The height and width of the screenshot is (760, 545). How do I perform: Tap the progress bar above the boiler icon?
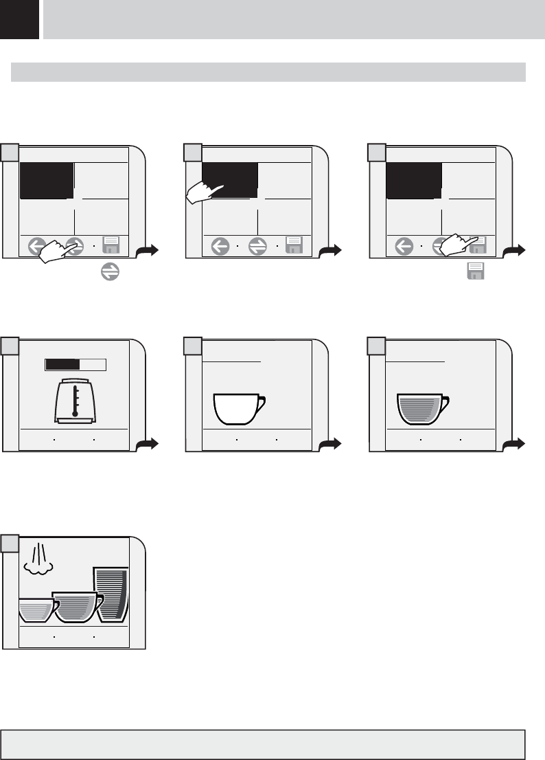coord(76,365)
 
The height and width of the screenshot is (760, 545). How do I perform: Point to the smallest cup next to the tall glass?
coord(36,610)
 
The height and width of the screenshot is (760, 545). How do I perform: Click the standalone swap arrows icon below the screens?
coord(108,272)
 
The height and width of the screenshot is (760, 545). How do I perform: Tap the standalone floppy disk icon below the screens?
coord(476,271)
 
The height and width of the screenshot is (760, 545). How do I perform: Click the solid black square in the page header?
coord(19,19)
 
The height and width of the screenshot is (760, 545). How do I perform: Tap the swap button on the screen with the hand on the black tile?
coord(257,245)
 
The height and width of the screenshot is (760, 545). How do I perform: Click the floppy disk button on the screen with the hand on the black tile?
coord(294,245)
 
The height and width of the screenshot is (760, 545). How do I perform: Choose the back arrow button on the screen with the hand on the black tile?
coord(220,245)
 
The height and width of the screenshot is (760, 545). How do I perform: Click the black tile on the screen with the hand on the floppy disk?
coord(414,180)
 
